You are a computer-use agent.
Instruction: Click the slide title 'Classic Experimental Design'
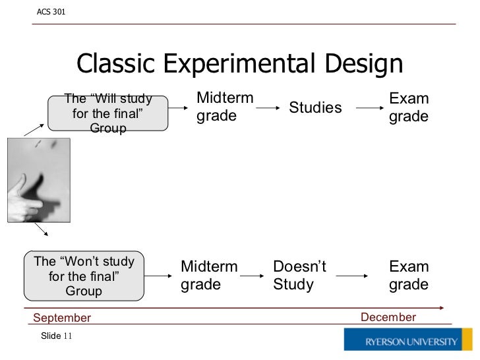pos(239,64)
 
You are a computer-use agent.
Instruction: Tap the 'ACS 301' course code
pos(51,12)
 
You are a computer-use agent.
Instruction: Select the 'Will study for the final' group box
pos(107,113)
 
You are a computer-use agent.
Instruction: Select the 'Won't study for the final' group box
pos(84,276)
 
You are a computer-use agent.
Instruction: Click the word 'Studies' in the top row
pos(315,107)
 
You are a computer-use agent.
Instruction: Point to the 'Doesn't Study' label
pos(299,276)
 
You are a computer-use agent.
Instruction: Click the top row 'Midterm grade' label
pos(225,107)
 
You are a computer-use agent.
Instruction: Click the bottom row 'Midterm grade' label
pos(209,276)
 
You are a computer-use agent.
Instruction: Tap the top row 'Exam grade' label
pos(409,107)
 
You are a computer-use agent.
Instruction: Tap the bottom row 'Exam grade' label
pos(409,276)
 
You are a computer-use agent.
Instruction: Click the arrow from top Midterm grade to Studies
pos(269,107)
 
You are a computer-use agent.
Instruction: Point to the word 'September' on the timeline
pos(62,318)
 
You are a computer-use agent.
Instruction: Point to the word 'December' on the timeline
pos(388,317)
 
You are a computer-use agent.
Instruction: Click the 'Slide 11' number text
pos(56,336)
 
